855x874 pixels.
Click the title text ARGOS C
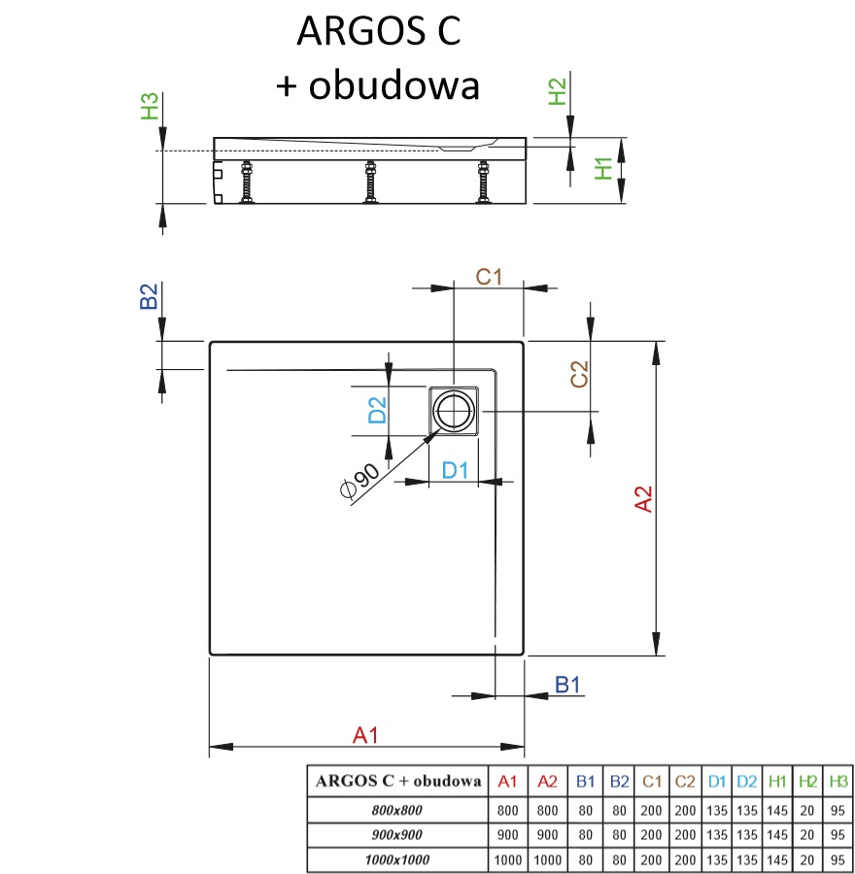tap(379, 32)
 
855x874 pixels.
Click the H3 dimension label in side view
tap(149, 106)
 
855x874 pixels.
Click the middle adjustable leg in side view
tap(370, 183)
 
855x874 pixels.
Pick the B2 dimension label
tap(149, 296)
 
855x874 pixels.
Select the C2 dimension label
tap(579, 375)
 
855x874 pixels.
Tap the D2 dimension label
tap(377, 410)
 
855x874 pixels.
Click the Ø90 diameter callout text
tap(359, 483)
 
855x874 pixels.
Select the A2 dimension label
tap(642, 499)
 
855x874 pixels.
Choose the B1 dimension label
tap(567, 685)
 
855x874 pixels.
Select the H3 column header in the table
tap(838, 781)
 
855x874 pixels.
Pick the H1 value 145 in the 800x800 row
tap(776, 808)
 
